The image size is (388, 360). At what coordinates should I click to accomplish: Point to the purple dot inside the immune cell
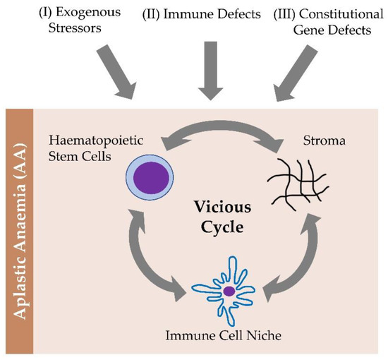click(229, 290)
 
